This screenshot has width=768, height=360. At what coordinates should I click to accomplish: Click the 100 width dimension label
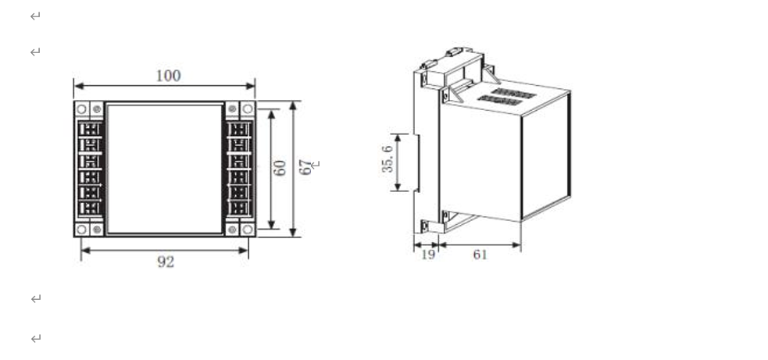(x=167, y=76)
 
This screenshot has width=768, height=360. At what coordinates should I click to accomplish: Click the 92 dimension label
(x=165, y=262)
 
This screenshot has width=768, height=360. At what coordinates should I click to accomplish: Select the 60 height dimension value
(x=280, y=168)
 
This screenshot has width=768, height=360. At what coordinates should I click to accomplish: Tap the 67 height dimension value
(x=305, y=167)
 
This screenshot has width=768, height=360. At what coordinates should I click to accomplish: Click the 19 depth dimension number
(x=427, y=255)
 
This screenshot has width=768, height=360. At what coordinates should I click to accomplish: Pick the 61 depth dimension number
(x=480, y=255)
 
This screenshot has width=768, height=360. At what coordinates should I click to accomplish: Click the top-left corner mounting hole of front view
(x=82, y=108)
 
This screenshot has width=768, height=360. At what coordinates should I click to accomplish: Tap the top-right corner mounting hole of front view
(x=248, y=108)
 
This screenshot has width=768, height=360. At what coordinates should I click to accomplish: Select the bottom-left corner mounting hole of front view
(x=82, y=230)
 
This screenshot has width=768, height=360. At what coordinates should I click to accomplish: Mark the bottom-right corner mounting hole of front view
(x=248, y=230)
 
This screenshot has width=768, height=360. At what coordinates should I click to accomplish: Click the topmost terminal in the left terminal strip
(x=91, y=129)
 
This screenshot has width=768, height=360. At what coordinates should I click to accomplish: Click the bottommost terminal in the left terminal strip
(x=91, y=209)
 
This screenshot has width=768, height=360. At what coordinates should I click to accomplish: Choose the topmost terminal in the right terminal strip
(x=238, y=129)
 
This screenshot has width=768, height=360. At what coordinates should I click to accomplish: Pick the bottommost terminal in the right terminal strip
(x=238, y=209)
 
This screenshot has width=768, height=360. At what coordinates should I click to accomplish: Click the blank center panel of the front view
(x=165, y=169)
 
